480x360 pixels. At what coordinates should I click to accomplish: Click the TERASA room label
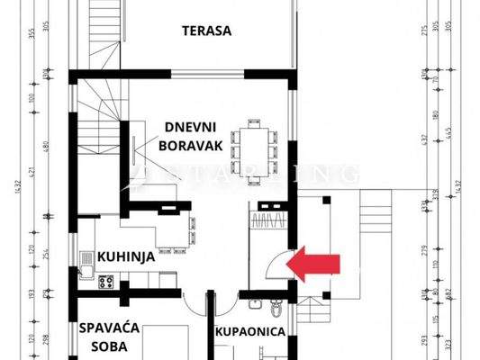(206, 30)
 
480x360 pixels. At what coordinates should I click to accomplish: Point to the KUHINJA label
(126, 256)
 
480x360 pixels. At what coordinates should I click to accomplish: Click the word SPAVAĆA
(108, 328)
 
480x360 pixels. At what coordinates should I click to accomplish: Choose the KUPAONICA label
(249, 331)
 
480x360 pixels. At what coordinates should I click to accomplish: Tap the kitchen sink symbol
(86, 260)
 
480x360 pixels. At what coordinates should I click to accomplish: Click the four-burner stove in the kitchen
(104, 281)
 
